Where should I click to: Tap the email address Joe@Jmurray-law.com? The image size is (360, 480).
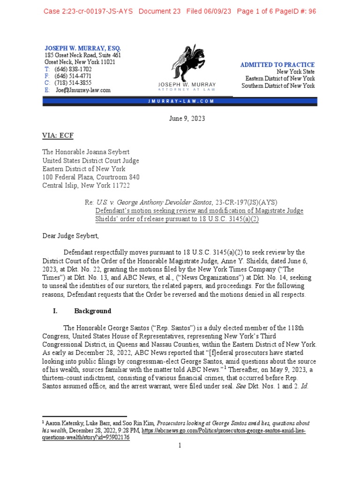(x=83, y=90)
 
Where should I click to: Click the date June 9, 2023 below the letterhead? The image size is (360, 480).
(x=187, y=119)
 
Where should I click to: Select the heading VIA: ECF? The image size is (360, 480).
(x=58, y=135)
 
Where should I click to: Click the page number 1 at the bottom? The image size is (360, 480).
(x=180, y=445)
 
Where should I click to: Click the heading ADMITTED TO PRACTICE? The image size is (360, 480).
(x=277, y=65)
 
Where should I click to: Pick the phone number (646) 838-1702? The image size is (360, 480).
(x=73, y=69)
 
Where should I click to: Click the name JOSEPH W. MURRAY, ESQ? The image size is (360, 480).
(x=82, y=48)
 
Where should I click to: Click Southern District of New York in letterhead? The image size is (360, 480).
(x=278, y=86)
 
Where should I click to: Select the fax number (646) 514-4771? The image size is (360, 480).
(x=73, y=76)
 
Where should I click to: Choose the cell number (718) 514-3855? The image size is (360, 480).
(x=73, y=83)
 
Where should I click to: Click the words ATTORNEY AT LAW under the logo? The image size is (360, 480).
(x=187, y=89)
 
